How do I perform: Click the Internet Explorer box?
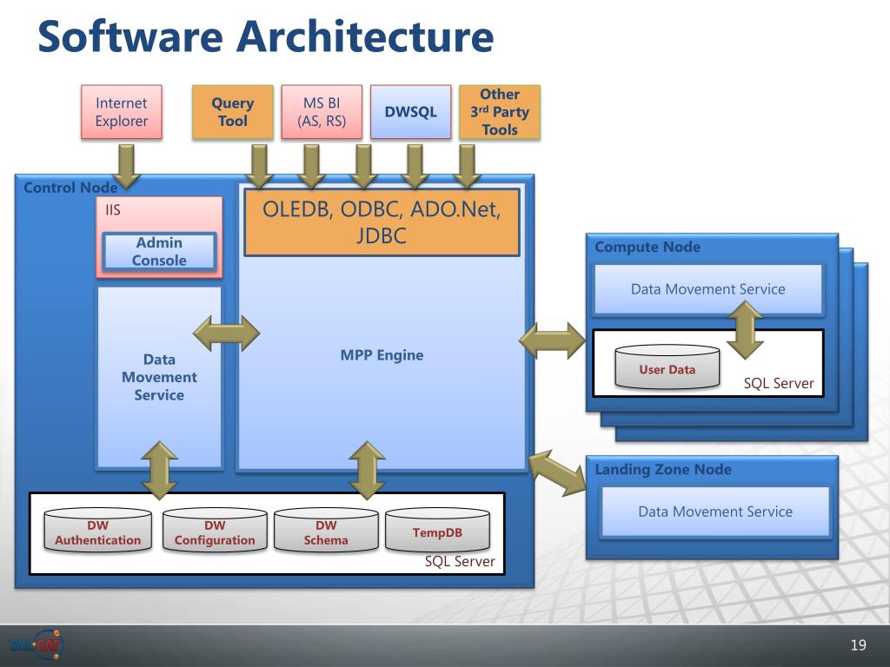tap(122, 112)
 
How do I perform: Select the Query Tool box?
tap(233, 112)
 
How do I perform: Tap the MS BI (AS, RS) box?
tap(322, 112)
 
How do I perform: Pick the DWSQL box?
tap(411, 112)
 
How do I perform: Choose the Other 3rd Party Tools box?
tap(500, 112)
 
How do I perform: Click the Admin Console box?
tap(159, 251)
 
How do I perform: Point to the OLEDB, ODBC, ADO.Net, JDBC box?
tap(382, 222)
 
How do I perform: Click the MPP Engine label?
tap(382, 355)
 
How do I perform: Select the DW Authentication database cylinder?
tap(97, 531)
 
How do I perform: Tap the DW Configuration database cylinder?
tap(215, 531)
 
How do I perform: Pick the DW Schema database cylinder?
tap(326, 531)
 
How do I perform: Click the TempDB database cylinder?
tap(437, 531)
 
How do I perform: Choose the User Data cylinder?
tap(667, 367)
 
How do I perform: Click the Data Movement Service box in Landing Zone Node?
tap(715, 512)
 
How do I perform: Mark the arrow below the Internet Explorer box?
tap(126, 166)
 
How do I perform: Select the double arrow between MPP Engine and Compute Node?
tap(552, 340)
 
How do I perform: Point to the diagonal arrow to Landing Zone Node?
tap(558, 473)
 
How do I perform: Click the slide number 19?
tap(858, 645)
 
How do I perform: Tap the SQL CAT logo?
tap(37, 644)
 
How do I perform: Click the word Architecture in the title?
tap(365, 36)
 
